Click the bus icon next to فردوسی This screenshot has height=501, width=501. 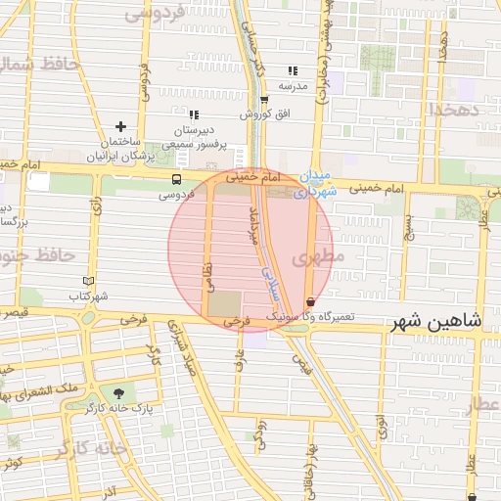[x=176, y=180]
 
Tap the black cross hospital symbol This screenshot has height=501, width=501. [x=120, y=126]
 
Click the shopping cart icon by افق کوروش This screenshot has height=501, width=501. [x=264, y=99]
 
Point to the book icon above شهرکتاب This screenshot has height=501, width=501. [x=88, y=281]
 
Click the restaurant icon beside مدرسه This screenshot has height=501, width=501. [x=292, y=71]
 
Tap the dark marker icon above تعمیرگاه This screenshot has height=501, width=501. [x=311, y=302]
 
